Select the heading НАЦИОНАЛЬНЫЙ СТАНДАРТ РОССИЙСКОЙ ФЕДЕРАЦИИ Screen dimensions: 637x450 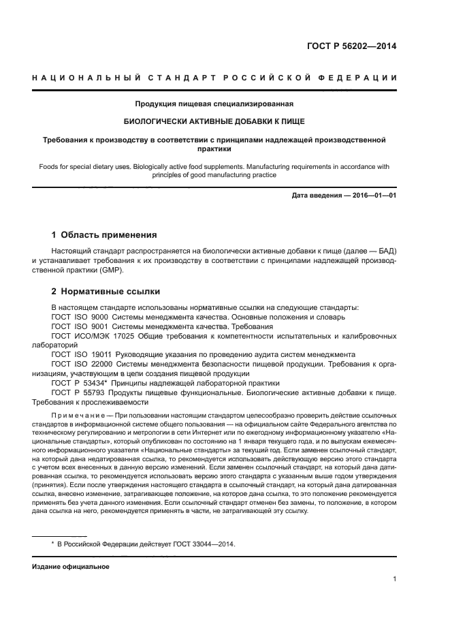[x=215, y=79]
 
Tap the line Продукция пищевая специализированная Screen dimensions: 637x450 [x=215, y=105]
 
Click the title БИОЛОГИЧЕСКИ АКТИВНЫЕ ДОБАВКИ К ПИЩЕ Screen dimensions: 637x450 [x=215, y=122]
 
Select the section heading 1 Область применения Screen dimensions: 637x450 [x=105, y=235]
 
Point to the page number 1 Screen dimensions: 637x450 [x=395, y=579]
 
